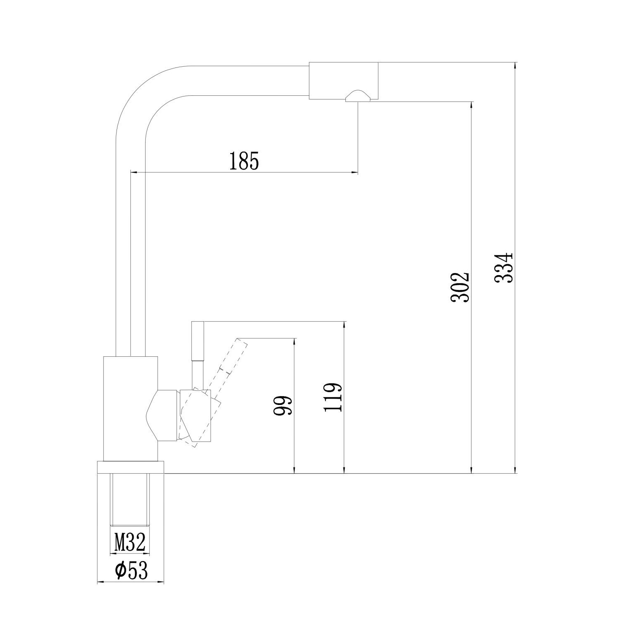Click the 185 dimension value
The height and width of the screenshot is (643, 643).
pyautogui.click(x=244, y=161)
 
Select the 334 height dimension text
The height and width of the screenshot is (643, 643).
pyautogui.click(x=504, y=268)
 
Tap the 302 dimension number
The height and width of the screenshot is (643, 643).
pyautogui.click(x=460, y=287)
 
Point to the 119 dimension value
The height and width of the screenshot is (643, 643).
pyautogui.click(x=333, y=397)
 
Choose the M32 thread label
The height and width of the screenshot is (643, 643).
pyautogui.click(x=129, y=543)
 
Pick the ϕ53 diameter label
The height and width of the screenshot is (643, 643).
pyautogui.click(x=131, y=571)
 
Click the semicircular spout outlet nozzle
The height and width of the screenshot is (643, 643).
pyautogui.click(x=357, y=96)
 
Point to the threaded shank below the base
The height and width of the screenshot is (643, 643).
pyautogui.click(x=129, y=499)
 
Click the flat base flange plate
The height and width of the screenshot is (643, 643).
pyautogui.click(x=131, y=467)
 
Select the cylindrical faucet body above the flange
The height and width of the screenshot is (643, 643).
pyautogui.click(x=130, y=408)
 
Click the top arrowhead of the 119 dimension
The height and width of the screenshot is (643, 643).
pyautogui.click(x=344, y=325)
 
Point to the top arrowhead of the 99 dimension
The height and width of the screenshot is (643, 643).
pyautogui.click(x=294, y=342)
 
